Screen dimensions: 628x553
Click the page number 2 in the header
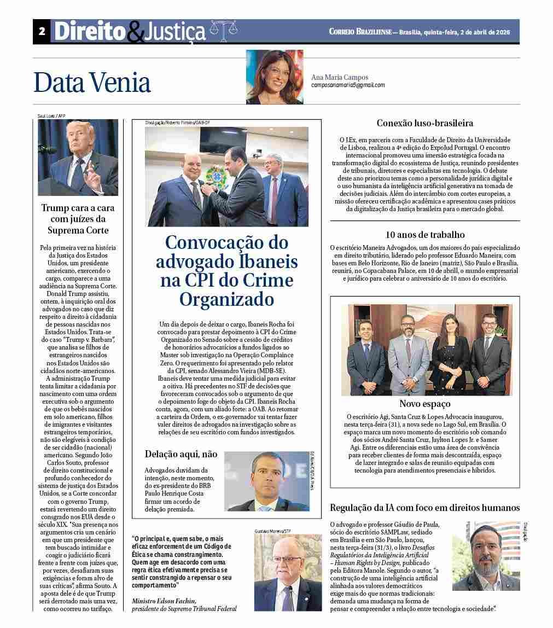tap(42, 32)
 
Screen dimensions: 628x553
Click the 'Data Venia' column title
tap(92, 83)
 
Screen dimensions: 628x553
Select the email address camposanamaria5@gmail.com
tap(348, 85)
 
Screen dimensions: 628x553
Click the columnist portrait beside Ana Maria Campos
tap(274, 77)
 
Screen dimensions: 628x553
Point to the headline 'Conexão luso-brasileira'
tap(425, 123)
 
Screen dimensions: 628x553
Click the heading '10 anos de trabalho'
tap(425, 235)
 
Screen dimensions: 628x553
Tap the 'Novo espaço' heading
tap(425, 404)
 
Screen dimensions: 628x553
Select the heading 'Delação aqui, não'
tap(181, 453)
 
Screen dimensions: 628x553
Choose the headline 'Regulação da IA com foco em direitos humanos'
tap(425, 508)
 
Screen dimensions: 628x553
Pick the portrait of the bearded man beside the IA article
tap(485, 556)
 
